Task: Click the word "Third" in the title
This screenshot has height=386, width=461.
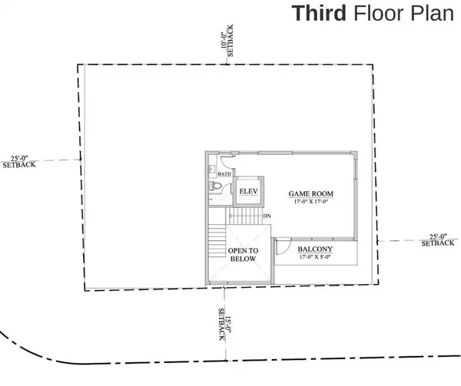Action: [x=318, y=15]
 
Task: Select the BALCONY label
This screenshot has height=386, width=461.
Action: [x=315, y=249]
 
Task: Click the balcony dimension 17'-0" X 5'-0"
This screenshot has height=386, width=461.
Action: [x=315, y=259]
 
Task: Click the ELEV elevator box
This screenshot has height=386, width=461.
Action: [x=248, y=190]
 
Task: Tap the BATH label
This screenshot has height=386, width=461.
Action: [x=224, y=174]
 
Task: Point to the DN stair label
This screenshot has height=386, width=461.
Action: [x=267, y=216]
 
